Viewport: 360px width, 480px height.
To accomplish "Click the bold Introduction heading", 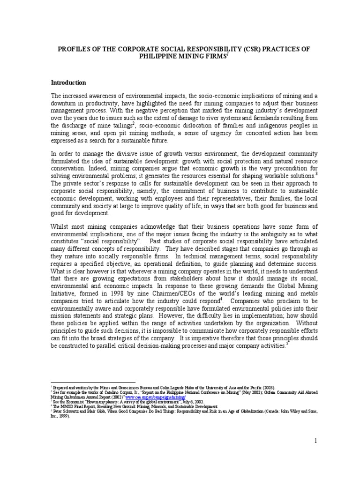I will coord(68,82).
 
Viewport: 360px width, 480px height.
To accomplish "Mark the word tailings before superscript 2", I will coord(120,126).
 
